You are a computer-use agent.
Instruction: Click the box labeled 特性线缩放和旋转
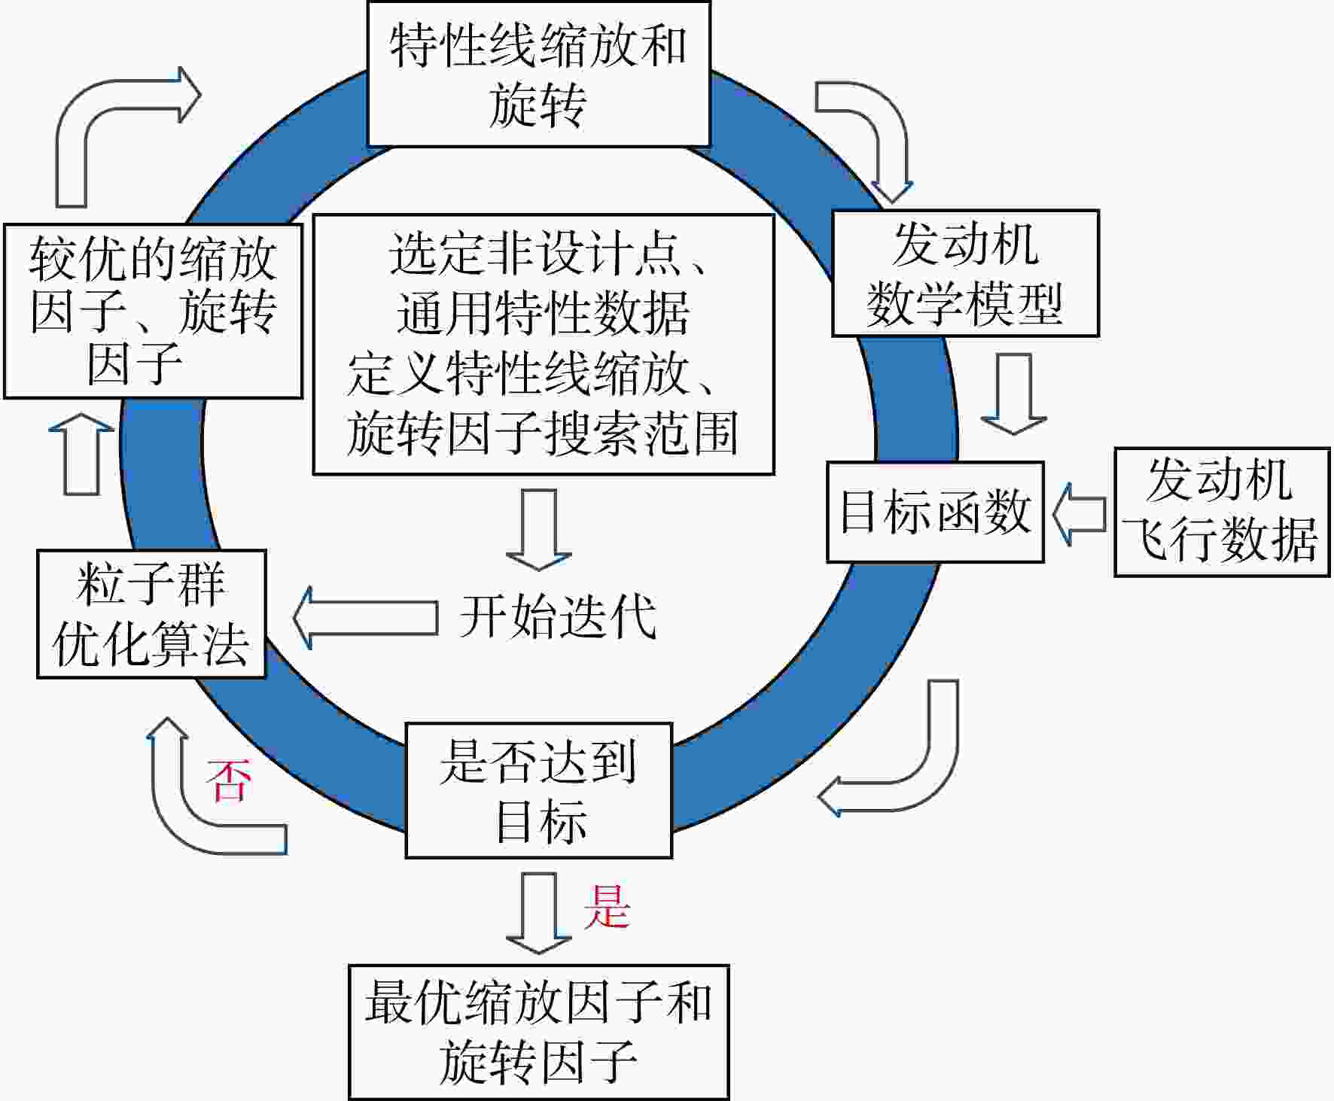coord(538,74)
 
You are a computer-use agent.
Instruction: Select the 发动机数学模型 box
coord(965,273)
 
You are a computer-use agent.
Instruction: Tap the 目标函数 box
coord(935,512)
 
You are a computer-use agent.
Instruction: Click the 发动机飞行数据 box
coord(1222,512)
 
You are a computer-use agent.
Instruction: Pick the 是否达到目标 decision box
coord(539,790)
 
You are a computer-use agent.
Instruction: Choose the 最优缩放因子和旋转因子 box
coord(539,1032)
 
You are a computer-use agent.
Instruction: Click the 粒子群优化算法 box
coord(151,614)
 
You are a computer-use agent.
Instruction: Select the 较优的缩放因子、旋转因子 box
coord(153,311)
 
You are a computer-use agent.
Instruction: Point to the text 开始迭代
coord(558,617)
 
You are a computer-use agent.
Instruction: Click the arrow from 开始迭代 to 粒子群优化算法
coord(365,618)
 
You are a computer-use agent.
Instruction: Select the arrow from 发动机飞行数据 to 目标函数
coord(1079,514)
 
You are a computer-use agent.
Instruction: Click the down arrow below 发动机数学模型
coord(1013,394)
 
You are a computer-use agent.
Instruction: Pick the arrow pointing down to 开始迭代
coord(539,530)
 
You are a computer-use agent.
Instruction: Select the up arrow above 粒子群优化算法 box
coord(81,453)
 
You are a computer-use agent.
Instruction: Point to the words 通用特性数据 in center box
coord(543,313)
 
